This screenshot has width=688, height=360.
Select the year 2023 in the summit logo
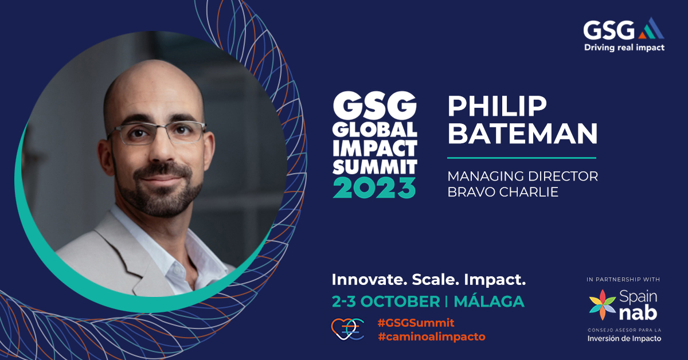coord(375,187)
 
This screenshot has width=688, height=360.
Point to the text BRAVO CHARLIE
coord(503,192)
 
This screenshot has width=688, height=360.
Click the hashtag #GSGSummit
coord(416,323)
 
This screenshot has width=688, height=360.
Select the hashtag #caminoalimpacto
coord(431,336)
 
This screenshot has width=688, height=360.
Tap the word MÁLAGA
coord(489,301)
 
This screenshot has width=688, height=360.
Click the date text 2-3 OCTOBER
coord(385,301)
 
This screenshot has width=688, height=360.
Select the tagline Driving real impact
coord(624,48)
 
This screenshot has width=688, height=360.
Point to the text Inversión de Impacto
coord(624,338)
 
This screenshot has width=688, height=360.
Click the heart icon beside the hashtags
coord(347,329)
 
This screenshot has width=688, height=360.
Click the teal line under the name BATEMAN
coord(521,157)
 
